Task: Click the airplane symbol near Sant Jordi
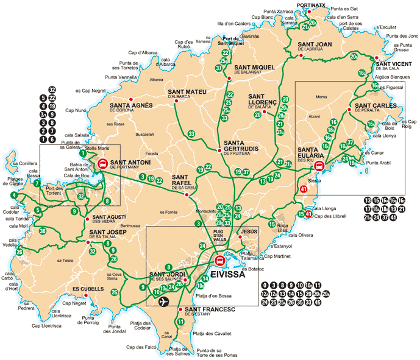pos(163,302)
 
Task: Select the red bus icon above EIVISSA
pos(221,261)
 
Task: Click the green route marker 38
pos(42,231)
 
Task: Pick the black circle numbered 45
pos(318,302)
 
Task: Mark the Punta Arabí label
pos(379,163)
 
